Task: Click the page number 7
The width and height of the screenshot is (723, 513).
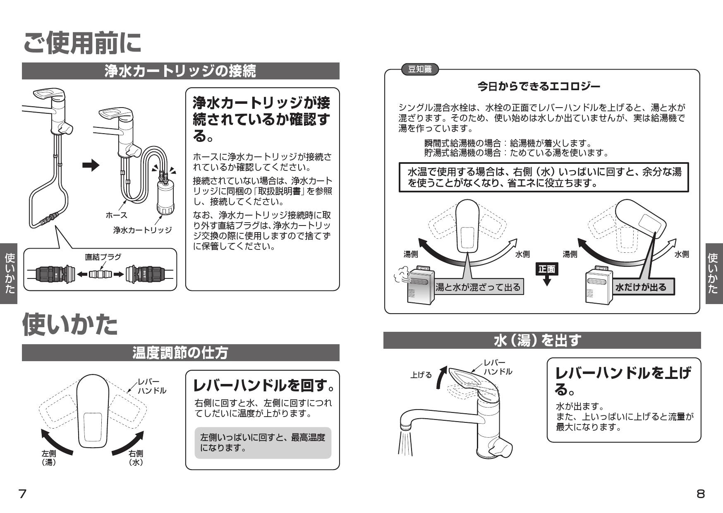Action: click(x=22, y=493)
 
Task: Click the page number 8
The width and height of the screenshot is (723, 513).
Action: click(x=700, y=494)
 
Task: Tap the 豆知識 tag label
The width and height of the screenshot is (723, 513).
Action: click(x=420, y=70)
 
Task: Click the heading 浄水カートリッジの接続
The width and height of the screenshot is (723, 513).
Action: click(x=180, y=71)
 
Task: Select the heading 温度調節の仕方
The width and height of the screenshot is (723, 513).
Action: click(x=180, y=353)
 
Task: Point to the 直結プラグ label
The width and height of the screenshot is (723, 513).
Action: click(x=103, y=257)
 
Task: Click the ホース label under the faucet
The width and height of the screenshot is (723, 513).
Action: click(x=116, y=215)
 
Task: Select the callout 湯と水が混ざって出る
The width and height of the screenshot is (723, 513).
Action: click(x=479, y=287)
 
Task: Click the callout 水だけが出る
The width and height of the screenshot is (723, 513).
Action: click(x=641, y=287)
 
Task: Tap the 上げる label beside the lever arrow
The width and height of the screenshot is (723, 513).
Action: click(x=421, y=375)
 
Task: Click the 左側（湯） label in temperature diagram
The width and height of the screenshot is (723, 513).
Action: click(x=49, y=458)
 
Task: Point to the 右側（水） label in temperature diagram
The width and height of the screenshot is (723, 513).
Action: click(x=136, y=458)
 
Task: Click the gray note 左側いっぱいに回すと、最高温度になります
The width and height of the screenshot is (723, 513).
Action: click(x=263, y=443)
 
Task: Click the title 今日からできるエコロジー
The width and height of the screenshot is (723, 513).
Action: click(x=539, y=86)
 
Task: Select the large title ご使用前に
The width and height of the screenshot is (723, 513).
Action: click(x=82, y=43)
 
